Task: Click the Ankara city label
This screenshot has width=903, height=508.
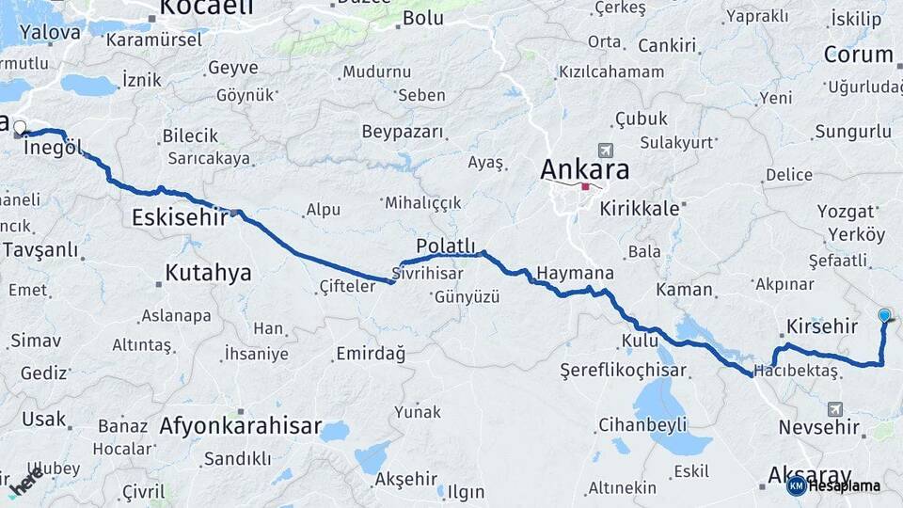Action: click(x=584, y=169)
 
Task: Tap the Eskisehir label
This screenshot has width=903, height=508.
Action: click(x=180, y=217)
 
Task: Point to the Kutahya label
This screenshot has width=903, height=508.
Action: click(x=208, y=273)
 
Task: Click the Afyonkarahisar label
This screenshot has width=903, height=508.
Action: click(x=241, y=424)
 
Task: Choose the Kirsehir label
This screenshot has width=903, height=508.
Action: click(x=819, y=326)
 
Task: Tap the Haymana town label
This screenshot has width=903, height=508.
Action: click(x=575, y=273)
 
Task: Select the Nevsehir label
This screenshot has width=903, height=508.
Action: click(x=819, y=428)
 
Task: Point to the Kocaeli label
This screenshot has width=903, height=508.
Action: click(x=207, y=8)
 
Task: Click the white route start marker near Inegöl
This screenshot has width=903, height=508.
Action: click(x=20, y=127)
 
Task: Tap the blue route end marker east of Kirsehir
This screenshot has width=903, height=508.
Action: click(x=884, y=315)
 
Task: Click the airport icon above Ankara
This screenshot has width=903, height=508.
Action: click(x=604, y=151)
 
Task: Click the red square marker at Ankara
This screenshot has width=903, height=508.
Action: click(x=585, y=186)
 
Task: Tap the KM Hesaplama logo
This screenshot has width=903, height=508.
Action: click(x=833, y=485)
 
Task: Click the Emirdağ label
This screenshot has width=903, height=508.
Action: click(x=371, y=354)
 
